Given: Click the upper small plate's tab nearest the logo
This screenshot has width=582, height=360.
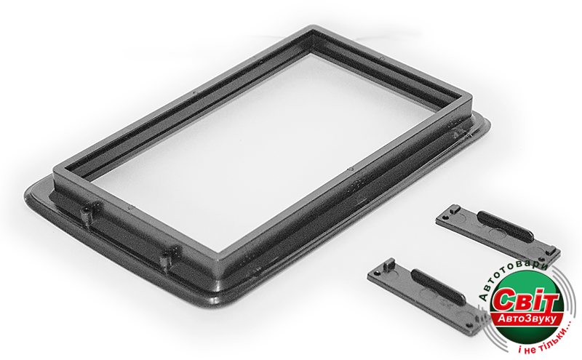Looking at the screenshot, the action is click(x=552, y=251).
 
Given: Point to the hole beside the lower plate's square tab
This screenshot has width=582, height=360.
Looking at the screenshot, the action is click(x=378, y=273).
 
